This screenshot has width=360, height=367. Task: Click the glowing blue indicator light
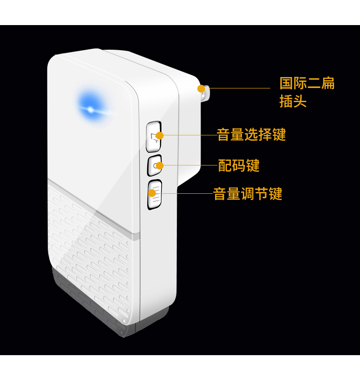[x=90, y=109]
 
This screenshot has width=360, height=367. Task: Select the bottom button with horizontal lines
[x=154, y=195]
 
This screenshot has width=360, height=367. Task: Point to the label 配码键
[x=238, y=165]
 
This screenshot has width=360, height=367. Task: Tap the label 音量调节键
[x=248, y=194]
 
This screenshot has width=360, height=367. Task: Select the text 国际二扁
[x=307, y=84]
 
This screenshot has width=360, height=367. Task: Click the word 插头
[x=293, y=101]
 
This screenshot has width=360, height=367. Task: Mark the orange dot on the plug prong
[x=201, y=88]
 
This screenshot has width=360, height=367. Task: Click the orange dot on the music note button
[x=159, y=135]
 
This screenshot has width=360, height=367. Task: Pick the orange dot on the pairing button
[x=159, y=165]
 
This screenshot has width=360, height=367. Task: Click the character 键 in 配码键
[x=252, y=165]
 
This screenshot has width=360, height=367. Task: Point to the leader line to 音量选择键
[x=189, y=135]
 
